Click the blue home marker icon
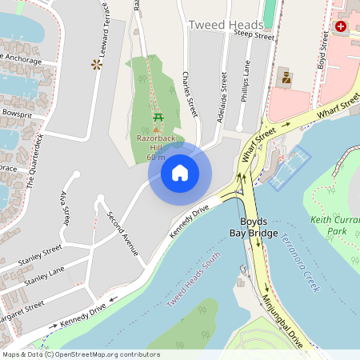180,172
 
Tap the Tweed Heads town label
225,25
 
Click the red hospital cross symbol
342,26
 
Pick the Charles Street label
190,97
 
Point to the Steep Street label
254,36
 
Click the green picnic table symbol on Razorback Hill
158,118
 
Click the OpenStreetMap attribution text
80,354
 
